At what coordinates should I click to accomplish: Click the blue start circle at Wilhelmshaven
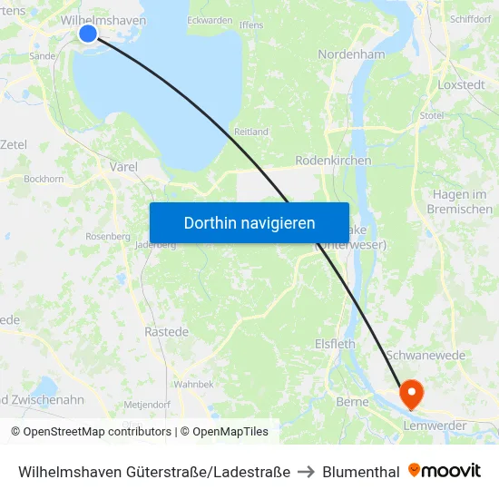(88, 34)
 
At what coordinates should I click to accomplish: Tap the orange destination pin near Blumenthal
(411, 392)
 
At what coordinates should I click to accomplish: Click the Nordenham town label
(352, 54)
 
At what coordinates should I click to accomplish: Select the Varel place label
(123, 167)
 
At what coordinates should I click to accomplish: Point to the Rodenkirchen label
(334, 161)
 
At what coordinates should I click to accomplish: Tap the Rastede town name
(167, 332)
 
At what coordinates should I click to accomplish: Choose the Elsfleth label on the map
(334, 345)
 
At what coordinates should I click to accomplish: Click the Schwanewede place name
(426, 355)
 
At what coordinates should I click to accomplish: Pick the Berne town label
(352, 401)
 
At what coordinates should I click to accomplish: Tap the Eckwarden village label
(209, 19)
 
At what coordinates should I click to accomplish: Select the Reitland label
(251, 132)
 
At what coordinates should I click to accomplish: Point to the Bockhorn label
(44, 180)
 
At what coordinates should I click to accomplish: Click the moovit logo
(445, 471)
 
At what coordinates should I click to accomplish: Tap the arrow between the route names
(305, 472)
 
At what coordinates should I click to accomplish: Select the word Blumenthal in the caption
(361, 472)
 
